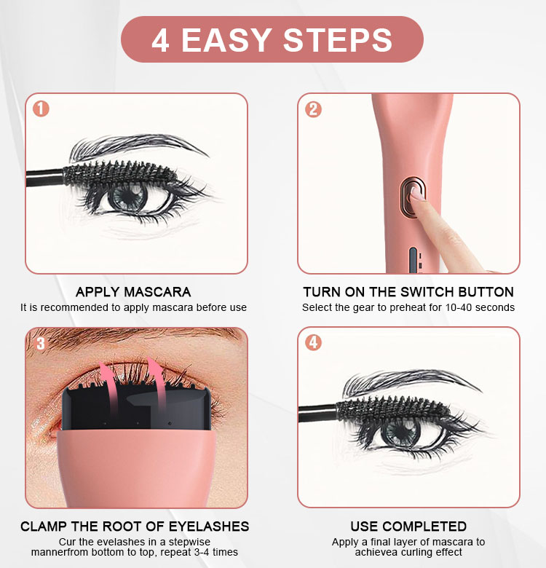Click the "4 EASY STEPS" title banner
point(272,39)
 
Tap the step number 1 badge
point(41,109)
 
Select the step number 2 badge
point(313,109)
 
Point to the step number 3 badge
point(41,344)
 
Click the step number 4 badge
point(313,342)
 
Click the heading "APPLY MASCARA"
point(133,292)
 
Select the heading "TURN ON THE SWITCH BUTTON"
point(408,292)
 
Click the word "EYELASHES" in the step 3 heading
point(209,526)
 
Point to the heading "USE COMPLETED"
point(408,526)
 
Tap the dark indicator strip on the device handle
point(413,259)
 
